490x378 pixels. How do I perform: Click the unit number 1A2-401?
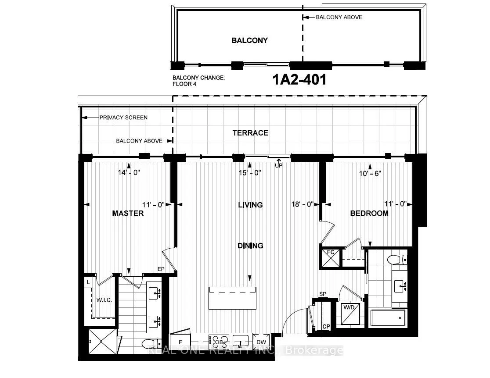(299, 79)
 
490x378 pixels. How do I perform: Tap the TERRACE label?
(250, 133)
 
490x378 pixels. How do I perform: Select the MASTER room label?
(128, 213)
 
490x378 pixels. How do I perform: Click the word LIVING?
(250, 205)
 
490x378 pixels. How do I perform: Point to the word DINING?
(250, 246)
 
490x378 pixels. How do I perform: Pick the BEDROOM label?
(369, 213)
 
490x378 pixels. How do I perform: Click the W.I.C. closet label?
(104, 300)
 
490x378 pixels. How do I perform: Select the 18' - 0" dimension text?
(303, 204)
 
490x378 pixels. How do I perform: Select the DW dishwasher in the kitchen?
(261, 342)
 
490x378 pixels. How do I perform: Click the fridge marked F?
(180, 342)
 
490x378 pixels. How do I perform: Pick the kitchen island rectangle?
(233, 298)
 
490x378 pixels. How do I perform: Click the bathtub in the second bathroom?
(388, 318)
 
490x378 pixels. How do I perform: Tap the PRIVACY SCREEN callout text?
(123, 118)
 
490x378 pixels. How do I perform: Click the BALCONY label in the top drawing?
(249, 40)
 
